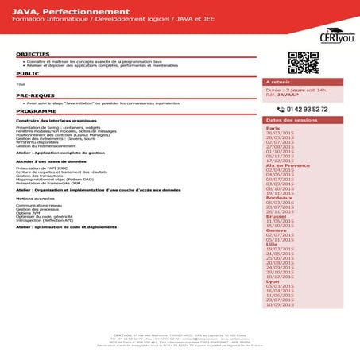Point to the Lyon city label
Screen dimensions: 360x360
click(x=273, y=281)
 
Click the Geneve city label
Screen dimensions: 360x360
click(x=276, y=230)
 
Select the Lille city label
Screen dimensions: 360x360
click(x=271, y=243)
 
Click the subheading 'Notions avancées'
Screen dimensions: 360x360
click(x=35, y=199)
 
